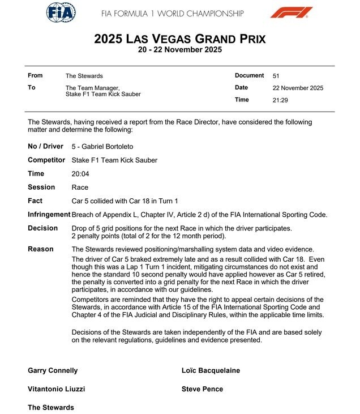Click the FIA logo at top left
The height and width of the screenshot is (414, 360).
pyautogui.click(x=61, y=12)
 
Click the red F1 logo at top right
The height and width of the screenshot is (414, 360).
pyautogui.click(x=291, y=12)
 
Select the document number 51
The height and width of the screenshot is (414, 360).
pyautogui.click(x=276, y=76)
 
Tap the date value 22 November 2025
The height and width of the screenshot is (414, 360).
pyautogui.click(x=298, y=88)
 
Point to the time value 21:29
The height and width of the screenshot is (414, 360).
pyautogui.click(x=281, y=100)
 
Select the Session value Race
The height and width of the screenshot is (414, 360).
pyautogui.click(x=80, y=187)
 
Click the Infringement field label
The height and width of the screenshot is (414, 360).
pyautogui.click(x=49, y=215)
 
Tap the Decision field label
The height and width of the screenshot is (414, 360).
pyautogui.click(x=42, y=228)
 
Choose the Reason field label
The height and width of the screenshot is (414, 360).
pyautogui.click(x=41, y=249)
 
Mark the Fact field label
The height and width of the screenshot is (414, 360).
pyautogui.click(x=36, y=201)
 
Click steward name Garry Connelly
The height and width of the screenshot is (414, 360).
pyautogui.click(x=53, y=371)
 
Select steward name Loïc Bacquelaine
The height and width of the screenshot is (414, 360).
pyautogui.click(x=211, y=371)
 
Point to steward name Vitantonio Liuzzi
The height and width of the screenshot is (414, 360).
pyautogui.click(x=57, y=390)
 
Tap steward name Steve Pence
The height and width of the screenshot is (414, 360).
pyautogui.click(x=202, y=390)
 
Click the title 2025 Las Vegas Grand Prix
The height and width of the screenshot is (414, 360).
pyautogui.click(x=179, y=39)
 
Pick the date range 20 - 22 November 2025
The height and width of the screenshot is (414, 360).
pyautogui.click(x=179, y=50)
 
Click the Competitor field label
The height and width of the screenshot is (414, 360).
pyautogui.click(x=46, y=160)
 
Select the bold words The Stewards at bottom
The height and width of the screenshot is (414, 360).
pyautogui.click(x=51, y=408)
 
